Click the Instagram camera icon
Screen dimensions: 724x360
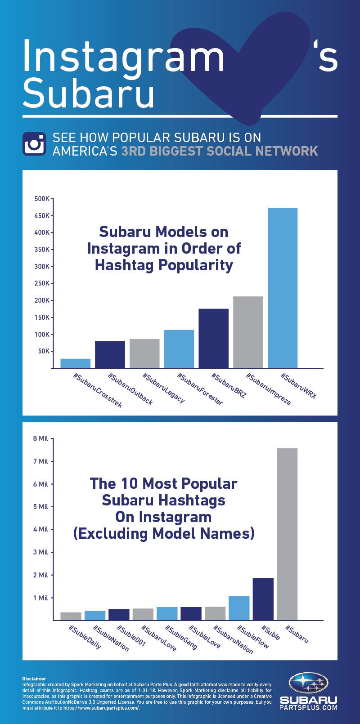pos(34,144)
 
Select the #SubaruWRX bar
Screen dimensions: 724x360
pos(283,288)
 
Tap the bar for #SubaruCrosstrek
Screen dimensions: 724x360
pos(75,363)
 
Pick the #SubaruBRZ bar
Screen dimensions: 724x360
pos(213,338)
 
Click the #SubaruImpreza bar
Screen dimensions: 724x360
pos(248,332)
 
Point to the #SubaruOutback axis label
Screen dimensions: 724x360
pos(130,389)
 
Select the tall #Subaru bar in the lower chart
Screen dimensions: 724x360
pos(287,534)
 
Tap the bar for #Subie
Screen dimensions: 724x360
pos(263,599)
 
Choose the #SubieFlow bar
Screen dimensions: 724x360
pos(239,608)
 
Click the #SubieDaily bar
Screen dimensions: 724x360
pos(71,616)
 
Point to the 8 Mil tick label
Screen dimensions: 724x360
pos(40,438)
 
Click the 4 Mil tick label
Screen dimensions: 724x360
pos(40,529)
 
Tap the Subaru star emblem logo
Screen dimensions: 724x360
pos(309,683)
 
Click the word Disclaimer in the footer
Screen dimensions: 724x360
pos(34,679)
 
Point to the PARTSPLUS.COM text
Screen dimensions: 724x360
pos(309,707)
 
